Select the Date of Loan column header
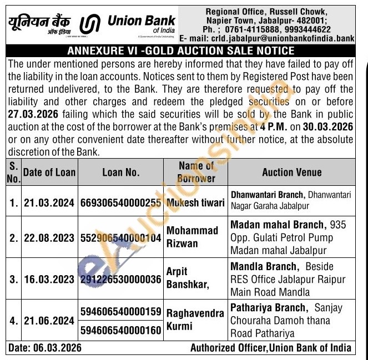coord(49,172)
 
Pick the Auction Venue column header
coord(291,172)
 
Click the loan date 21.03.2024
coord(49,203)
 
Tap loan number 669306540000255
coord(120,203)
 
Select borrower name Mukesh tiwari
coord(195,203)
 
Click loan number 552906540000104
coord(120,238)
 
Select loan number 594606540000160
coord(120,331)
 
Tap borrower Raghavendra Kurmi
coord(195,321)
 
